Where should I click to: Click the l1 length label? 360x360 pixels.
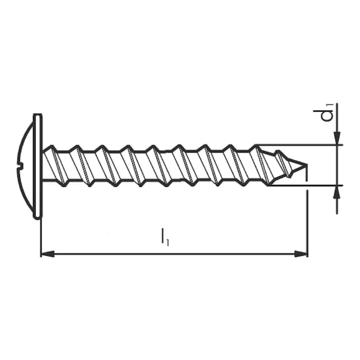point(164,237)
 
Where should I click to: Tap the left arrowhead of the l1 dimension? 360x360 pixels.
point(47,254)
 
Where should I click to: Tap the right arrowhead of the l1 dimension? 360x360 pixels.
point(301,254)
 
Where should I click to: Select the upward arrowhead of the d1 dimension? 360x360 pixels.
point(337,192)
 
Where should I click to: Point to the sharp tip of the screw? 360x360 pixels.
point(307,164)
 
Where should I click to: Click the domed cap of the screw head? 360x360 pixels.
point(25,166)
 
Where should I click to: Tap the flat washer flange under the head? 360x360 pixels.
point(38,166)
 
